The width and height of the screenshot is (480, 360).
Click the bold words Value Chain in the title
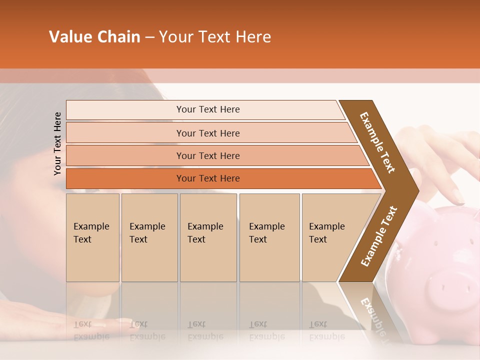[94, 37]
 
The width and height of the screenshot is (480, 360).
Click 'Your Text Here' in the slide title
[215, 37]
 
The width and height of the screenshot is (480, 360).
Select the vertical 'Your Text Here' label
[57, 143]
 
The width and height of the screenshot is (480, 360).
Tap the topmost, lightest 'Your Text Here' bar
[207, 109]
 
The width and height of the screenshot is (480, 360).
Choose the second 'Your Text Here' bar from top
[207, 133]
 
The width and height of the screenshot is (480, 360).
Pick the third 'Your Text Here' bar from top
[207, 155]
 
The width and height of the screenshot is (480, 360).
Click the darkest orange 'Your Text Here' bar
[207, 178]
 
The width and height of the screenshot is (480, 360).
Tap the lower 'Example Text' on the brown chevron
[379, 236]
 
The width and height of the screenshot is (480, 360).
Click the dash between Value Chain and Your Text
[149, 37]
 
